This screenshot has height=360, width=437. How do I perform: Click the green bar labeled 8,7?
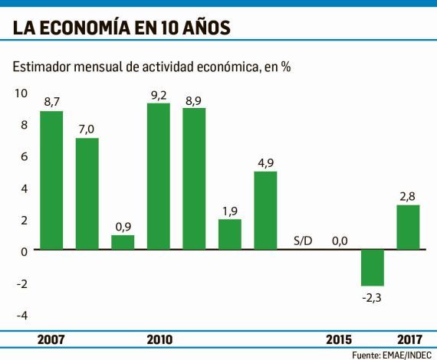(51, 181)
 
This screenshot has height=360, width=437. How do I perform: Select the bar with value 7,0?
(87, 194)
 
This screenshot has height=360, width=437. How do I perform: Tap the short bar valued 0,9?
(123, 242)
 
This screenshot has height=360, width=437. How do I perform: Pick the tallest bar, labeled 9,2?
(158, 176)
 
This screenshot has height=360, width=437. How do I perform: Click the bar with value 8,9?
(194, 178)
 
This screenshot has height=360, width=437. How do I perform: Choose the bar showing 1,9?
(230, 234)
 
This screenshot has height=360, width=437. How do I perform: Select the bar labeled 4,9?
(265, 211)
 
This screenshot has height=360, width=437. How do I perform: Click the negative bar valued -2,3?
(373, 268)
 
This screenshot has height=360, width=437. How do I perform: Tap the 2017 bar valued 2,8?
(408, 227)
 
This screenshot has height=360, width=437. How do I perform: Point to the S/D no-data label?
(303, 242)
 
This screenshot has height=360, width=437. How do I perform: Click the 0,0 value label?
(340, 242)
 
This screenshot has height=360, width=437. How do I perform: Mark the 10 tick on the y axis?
(21, 93)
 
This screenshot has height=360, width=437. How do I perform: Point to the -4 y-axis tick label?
(21, 315)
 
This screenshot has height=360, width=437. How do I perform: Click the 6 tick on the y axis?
(25, 156)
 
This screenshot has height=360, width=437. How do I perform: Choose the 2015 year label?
(339, 339)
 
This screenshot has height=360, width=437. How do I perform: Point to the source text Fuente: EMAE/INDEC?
(391, 355)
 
